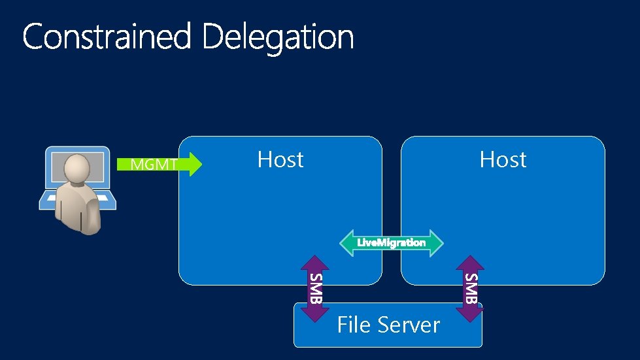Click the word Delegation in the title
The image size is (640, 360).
tap(278, 37)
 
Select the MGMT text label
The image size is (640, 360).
tap(154, 165)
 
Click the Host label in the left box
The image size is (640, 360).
tap(280, 159)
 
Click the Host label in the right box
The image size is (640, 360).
tap(503, 159)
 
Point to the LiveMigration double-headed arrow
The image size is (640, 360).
tap(391, 242)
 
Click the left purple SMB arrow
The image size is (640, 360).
tap(315, 288)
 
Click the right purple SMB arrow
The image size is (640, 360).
tap(470, 288)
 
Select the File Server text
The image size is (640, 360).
tap(388, 325)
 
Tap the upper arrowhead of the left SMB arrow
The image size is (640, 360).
tap(315, 263)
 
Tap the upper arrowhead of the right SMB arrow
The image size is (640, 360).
tap(470, 263)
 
